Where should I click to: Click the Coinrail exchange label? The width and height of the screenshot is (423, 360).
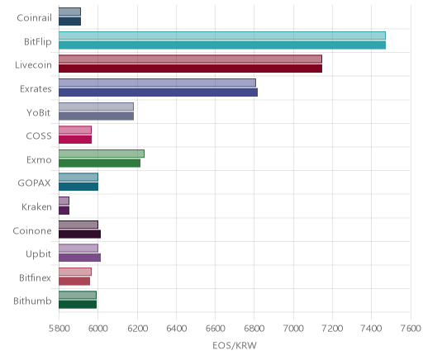pyautogui.click(x=34, y=17)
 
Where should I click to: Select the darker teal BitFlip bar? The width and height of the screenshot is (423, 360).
pyautogui.click(x=222, y=45)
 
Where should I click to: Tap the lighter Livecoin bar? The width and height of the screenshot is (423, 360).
pyautogui.click(x=190, y=59)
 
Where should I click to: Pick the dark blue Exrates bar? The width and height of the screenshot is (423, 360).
pyautogui.click(x=158, y=92)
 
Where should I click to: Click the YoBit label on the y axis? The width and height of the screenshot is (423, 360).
pyautogui.click(x=38, y=112)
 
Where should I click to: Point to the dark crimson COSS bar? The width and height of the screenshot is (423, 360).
pyautogui.click(x=75, y=140)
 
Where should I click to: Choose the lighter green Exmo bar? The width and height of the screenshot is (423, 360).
pyautogui.click(x=102, y=154)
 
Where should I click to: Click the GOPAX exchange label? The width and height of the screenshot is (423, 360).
pyautogui.click(x=34, y=183)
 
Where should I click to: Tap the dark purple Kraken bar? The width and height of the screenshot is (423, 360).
pyautogui.click(x=64, y=211)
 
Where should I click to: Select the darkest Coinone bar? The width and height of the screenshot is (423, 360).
pyautogui.click(x=79, y=234)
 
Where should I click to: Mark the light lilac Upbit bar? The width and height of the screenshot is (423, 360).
pyautogui.click(x=78, y=249)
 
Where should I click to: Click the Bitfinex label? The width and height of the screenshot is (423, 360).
pyautogui.click(x=35, y=277)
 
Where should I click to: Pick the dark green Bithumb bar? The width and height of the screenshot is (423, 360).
pyautogui.click(x=78, y=305)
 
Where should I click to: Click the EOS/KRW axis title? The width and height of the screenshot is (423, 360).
pyautogui.click(x=235, y=345)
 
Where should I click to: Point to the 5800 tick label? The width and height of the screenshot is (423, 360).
pyautogui.click(x=59, y=329)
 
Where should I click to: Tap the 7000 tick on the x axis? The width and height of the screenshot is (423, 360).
pyautogui.click(x=293, y=329)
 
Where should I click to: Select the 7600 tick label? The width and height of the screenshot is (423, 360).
pyautogui.click(x=411, y=329)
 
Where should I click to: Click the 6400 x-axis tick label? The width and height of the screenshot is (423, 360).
pyautogui.click(x=176, y=329)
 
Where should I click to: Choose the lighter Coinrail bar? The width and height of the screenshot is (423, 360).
pyautogui.click(x=69, y=12)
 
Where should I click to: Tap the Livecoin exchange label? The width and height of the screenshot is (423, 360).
pyautogui.click(x=33, y=65)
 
